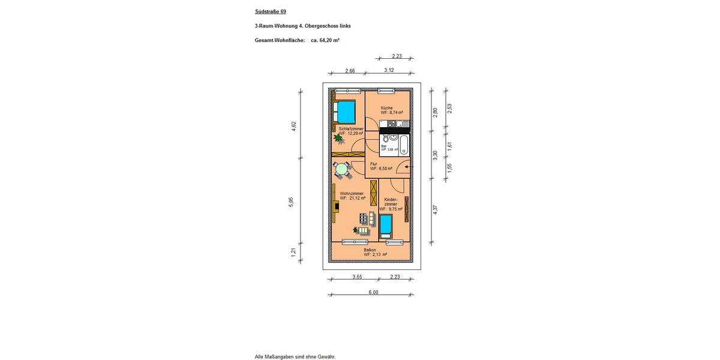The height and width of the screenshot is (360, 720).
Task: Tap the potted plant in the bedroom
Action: (338, 138)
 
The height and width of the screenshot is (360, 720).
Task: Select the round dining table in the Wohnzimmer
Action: (342, 170)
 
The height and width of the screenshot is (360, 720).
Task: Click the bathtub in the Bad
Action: (404, 145)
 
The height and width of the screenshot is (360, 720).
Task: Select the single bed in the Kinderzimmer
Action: (385, 226)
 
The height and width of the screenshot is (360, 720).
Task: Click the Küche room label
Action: (387, 108)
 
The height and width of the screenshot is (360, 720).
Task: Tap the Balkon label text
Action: (370, 250)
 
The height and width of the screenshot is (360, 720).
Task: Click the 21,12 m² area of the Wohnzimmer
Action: (353, 198)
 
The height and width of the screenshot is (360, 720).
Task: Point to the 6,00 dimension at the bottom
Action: (373, 292)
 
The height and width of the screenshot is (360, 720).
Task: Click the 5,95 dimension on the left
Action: (291, 202)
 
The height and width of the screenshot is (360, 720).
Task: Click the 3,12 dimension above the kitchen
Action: (389, 70)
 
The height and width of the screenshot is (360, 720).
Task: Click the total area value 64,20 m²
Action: (325, 40)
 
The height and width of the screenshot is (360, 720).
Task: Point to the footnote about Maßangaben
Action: (295, 356)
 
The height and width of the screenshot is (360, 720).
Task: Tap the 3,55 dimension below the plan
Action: (358, 277)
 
